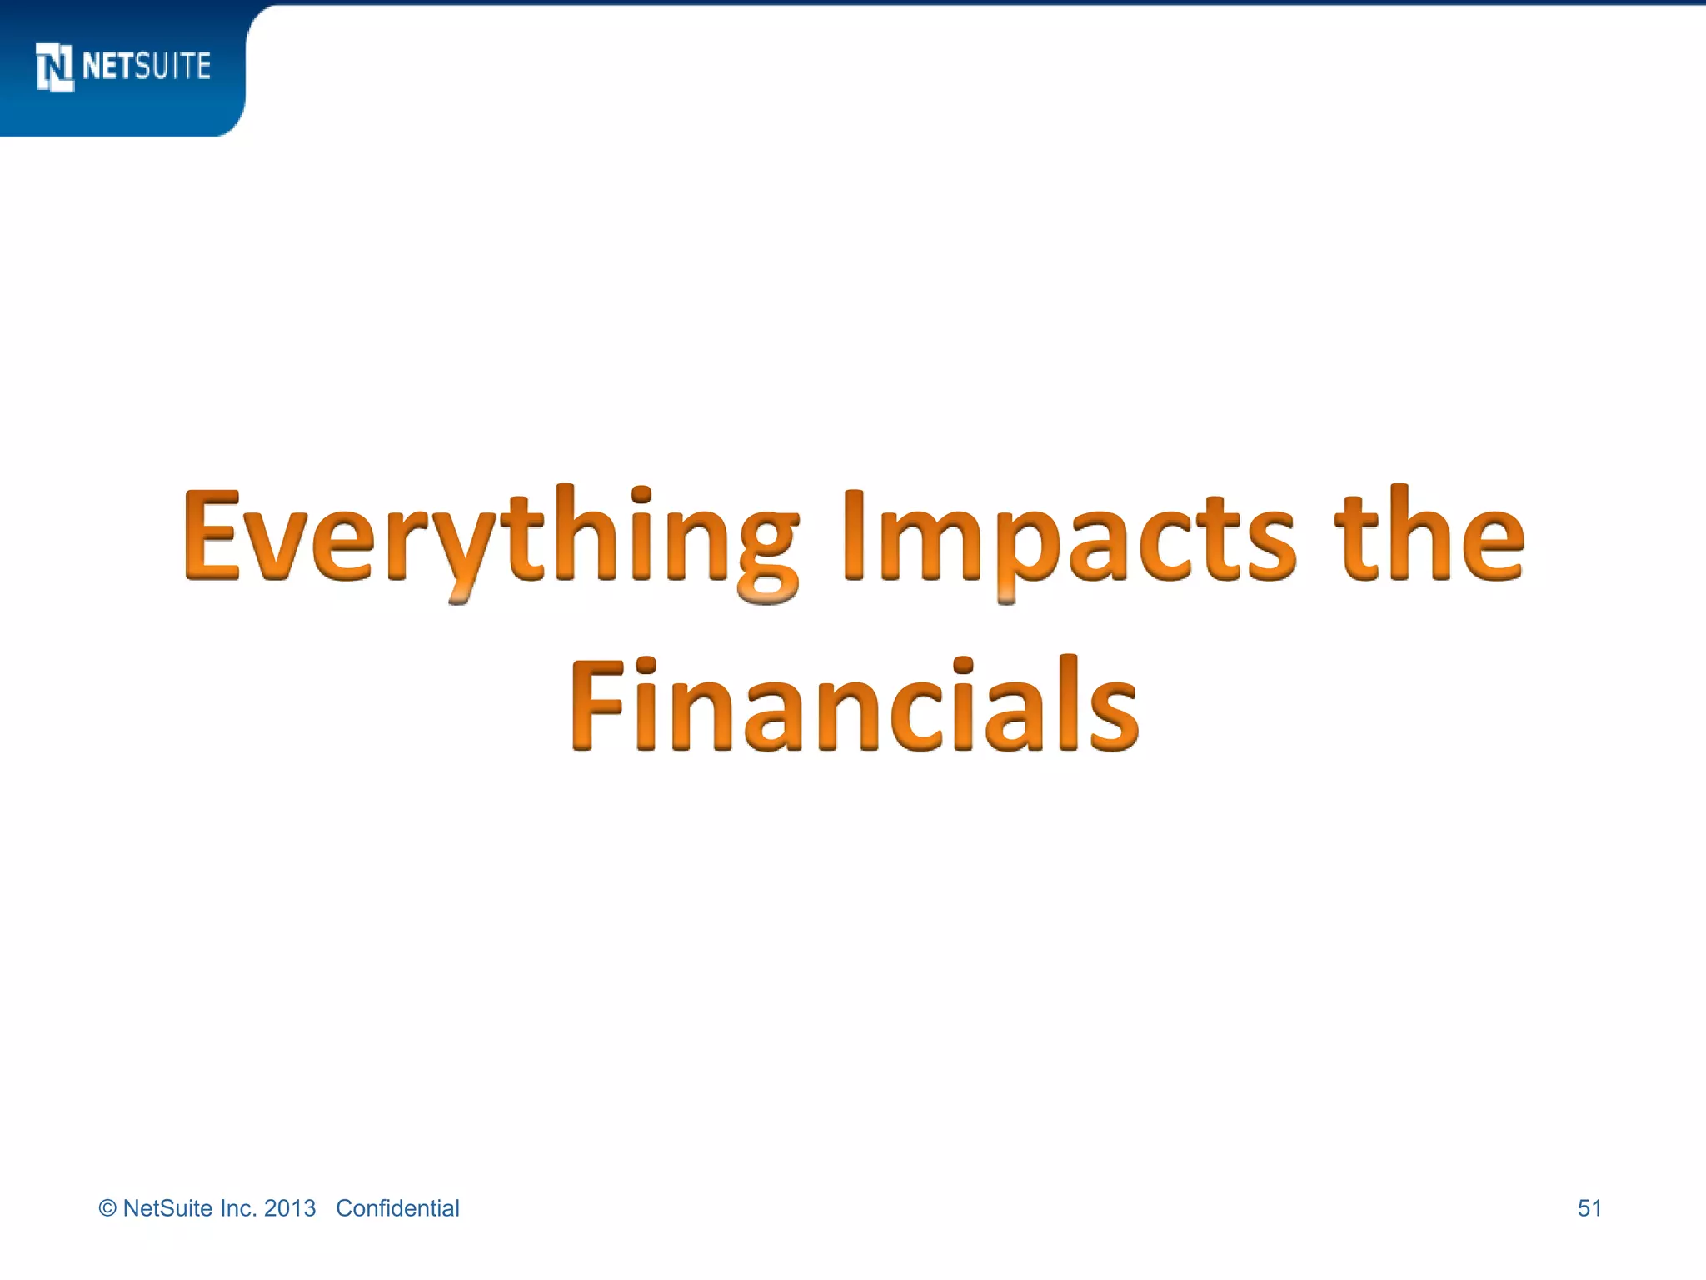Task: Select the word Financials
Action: click(x=855, y=705)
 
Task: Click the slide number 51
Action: click(x=1589, y=1208)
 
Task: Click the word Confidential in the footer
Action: click(x=397, y=1208)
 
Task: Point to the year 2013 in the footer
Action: click(x=290, y=1208)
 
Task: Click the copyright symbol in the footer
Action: click(x=107, y=1209)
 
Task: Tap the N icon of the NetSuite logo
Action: click(x=55, y=67)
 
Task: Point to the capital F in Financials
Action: click(x=596, y=705)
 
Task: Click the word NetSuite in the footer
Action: click(x=167, y=1208)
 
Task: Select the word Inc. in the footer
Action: click(x=238, y=1208)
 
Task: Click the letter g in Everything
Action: click(x=767, y=554)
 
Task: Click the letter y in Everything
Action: click(x=463, y=554)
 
